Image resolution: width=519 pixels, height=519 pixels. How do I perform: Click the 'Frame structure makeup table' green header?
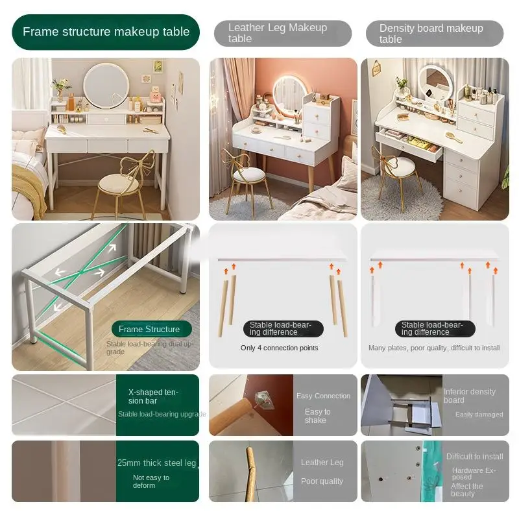(x=106, y=32)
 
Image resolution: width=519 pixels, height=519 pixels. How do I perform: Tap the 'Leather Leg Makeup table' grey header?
(x=283, y=33)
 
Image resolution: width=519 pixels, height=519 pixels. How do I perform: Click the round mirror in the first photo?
(x=106, y=86)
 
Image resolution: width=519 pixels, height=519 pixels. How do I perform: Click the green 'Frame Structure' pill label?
(x=149, y=329)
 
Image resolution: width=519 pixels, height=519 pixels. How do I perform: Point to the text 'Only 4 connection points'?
(x=279, y=348)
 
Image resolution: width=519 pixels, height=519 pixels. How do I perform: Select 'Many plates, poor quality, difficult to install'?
(x=434, y=348)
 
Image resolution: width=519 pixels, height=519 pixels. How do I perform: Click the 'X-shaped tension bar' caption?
(x=153, y=396)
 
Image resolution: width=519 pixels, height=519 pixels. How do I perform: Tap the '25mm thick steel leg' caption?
(x=156, y=463)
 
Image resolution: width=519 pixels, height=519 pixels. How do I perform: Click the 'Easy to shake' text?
(x=317, y=416)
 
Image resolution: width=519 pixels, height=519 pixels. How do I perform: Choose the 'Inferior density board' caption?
(x=469, y=396)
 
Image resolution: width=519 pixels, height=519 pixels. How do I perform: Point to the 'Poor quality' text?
(x=322, y=481)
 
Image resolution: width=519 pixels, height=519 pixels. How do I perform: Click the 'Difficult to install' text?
(x=474, y=457)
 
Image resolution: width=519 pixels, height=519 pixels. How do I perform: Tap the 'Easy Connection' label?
(x=323, y=396)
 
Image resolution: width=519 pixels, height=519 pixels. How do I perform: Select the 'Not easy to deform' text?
(x=151, y=481)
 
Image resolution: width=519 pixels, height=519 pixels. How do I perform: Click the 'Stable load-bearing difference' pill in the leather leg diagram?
(x=282, y=328)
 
